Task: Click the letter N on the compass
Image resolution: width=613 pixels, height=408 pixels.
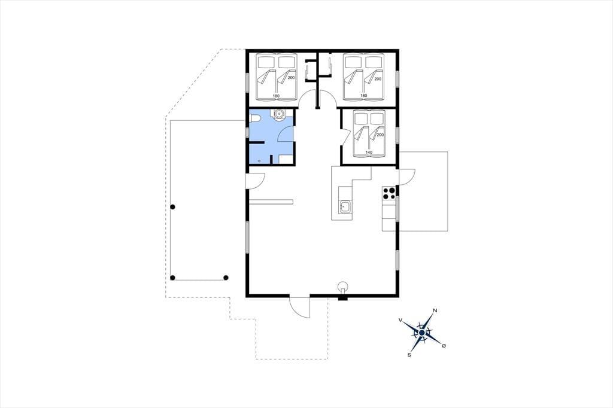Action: tap(435, 311)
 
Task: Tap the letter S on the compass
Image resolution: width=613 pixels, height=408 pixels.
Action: tap(409, 355)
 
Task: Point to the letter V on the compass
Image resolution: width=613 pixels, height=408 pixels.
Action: tap(400, 319)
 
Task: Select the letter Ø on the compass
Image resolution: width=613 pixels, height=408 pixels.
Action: tap(444, 346)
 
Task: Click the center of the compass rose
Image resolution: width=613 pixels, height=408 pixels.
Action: tap(422, 333)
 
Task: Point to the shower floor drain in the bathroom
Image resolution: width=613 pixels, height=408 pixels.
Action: tap(259, 161)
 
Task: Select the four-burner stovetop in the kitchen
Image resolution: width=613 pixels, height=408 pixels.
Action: tap(389, 193)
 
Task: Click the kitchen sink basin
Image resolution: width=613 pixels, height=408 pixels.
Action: tap(345, 206)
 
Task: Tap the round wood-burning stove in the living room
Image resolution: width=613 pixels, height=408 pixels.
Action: tap(343, 286)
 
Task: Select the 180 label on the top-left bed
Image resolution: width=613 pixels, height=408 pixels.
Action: tap(276, 96)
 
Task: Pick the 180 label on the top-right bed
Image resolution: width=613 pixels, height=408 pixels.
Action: tap(363, 96)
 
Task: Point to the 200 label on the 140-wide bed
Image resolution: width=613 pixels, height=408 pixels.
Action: tap(380, 135)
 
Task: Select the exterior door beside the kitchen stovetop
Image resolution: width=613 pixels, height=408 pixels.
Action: tap(406, 175)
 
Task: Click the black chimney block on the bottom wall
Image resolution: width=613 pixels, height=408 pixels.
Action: tap(343, 298)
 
